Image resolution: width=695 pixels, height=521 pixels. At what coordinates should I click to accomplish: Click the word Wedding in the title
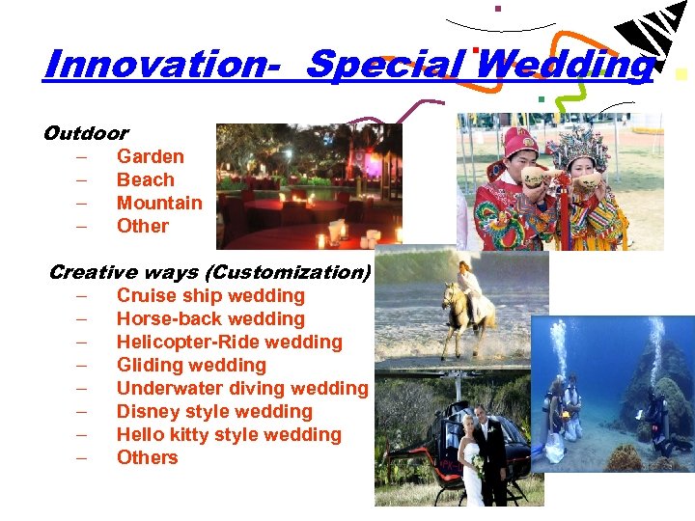point(565,65)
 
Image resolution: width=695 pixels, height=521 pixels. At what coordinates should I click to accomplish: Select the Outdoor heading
point(86,133)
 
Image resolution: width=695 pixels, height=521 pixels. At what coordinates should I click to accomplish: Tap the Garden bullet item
point(150,156)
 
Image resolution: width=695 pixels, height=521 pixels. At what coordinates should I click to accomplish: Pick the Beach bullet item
point(145,179)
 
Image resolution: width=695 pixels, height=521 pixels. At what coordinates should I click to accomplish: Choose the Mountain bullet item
point(159,203)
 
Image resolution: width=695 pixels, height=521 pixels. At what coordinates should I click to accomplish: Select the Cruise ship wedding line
point(210,295)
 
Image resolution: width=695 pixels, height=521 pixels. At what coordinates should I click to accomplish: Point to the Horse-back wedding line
point(210,318)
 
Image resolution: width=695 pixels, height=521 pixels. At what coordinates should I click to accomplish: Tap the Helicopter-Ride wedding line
point(229,342)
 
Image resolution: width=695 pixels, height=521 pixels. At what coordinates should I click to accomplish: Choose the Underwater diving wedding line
point(242,388)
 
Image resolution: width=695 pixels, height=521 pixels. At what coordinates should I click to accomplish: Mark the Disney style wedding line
point(214,411)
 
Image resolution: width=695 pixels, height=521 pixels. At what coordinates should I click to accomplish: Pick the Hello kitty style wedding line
point(229,434)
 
